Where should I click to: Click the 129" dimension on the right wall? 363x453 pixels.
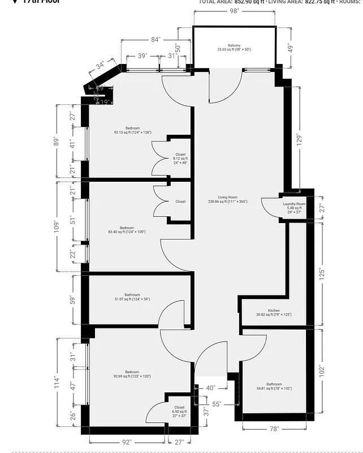click(300, 139)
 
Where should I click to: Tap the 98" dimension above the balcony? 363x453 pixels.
click(234, 11)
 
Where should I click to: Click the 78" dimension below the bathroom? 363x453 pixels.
click(274, 429)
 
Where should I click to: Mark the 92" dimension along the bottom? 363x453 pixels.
click(127, 442)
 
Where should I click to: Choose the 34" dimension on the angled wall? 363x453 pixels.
click(101, 66)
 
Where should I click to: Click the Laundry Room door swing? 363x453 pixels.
click(269, 205)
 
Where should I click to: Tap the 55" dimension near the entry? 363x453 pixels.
click(217, 404)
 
